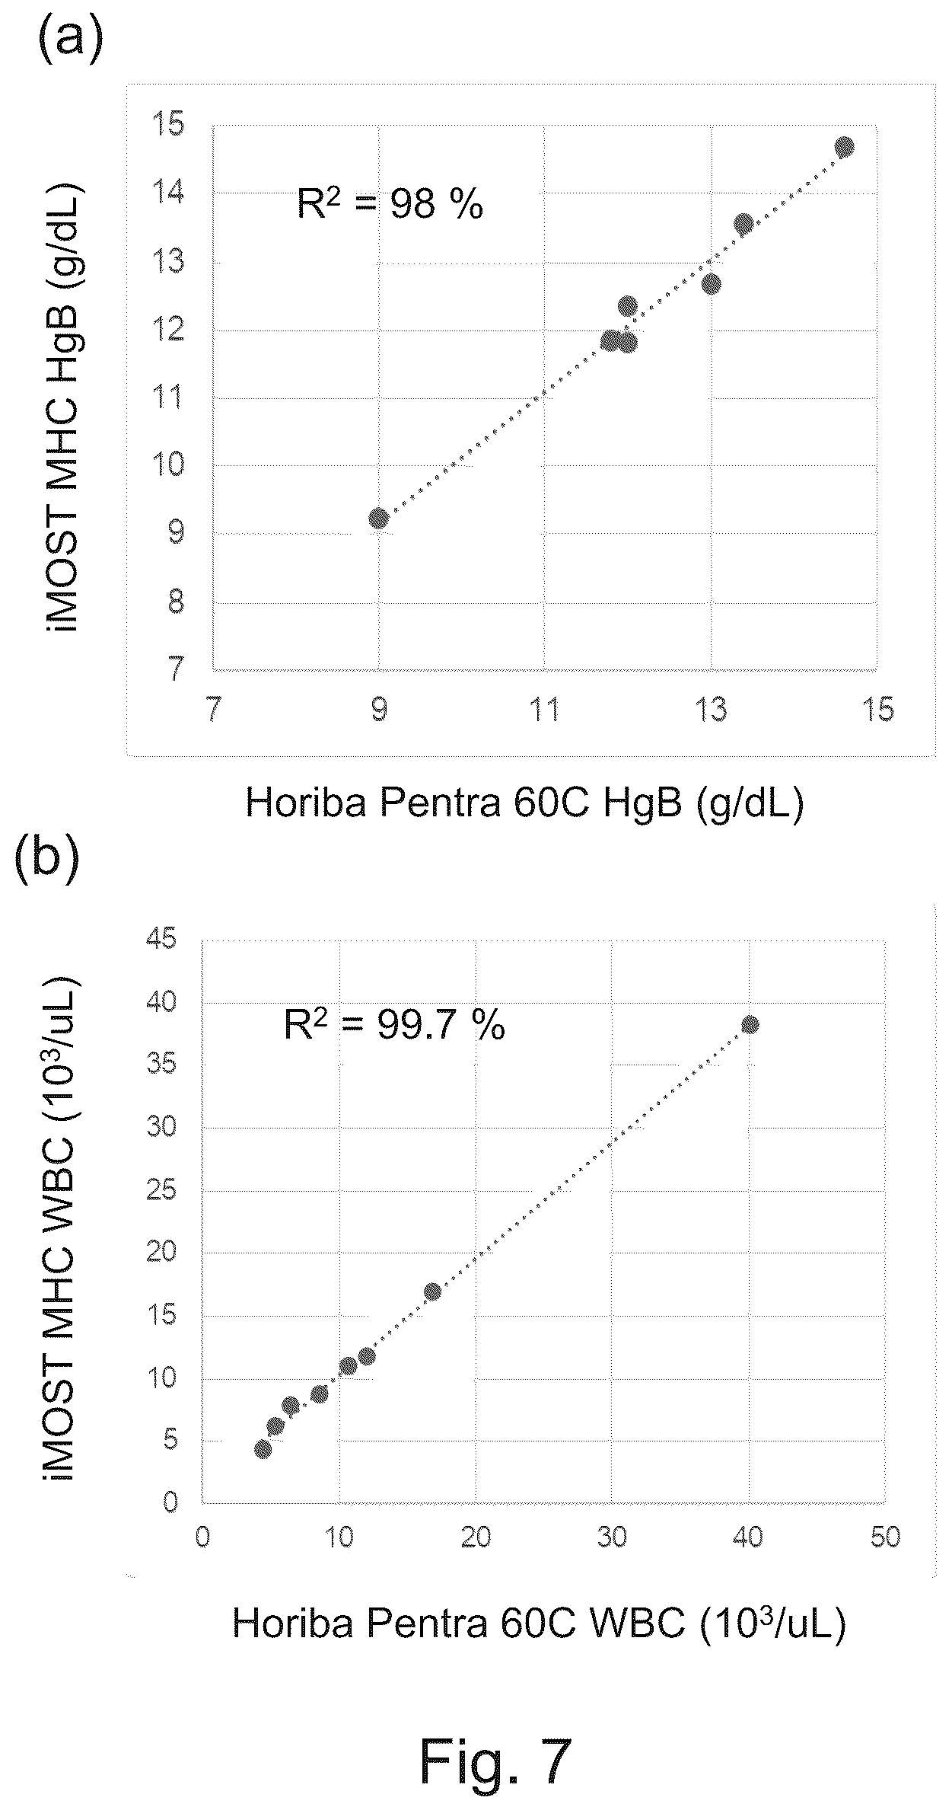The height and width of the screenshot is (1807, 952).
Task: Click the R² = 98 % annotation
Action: [x=390, y=204]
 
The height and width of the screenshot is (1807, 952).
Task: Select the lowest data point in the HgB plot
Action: [x=378, y=519]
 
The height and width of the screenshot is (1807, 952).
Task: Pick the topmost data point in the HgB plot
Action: [x=844, y=147]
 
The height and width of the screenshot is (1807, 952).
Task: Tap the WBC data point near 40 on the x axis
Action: [x=750, y=1024]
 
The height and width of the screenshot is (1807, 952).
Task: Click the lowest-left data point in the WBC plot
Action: [x=263, y=1448]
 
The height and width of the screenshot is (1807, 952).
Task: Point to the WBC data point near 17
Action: [x=432, y=1291]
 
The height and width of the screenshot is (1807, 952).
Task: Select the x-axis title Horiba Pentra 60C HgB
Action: [x=524, y=803]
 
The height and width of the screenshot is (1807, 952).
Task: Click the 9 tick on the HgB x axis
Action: [x=378, y=710]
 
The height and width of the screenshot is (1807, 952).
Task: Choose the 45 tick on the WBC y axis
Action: [x=161, y=939]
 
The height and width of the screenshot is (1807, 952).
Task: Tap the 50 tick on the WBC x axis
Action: [x=886, y=1537]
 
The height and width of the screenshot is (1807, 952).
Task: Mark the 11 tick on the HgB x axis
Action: [x=544, y=710]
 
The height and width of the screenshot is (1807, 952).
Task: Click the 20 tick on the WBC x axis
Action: [x=476, y=1537]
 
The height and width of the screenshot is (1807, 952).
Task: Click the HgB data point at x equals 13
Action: [x=711, y=284]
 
